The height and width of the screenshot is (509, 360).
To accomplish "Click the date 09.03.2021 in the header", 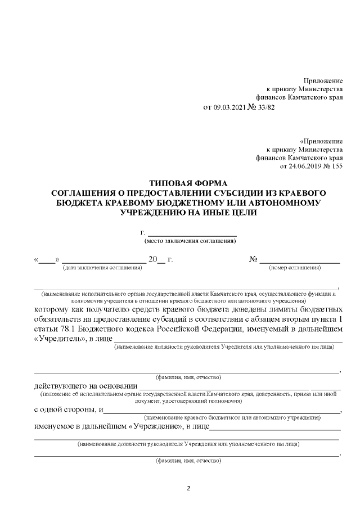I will tap(231, 107).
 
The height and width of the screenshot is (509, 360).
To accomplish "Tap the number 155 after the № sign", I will tap(336, 166).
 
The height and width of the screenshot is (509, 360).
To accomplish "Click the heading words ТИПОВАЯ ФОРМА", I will tap(188, 184).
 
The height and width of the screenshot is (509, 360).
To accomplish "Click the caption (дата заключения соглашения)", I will tap(102, 268).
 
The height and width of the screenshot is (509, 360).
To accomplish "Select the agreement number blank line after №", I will tap(299, 260).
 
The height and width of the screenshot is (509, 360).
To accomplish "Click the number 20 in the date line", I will tap(153, 260).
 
